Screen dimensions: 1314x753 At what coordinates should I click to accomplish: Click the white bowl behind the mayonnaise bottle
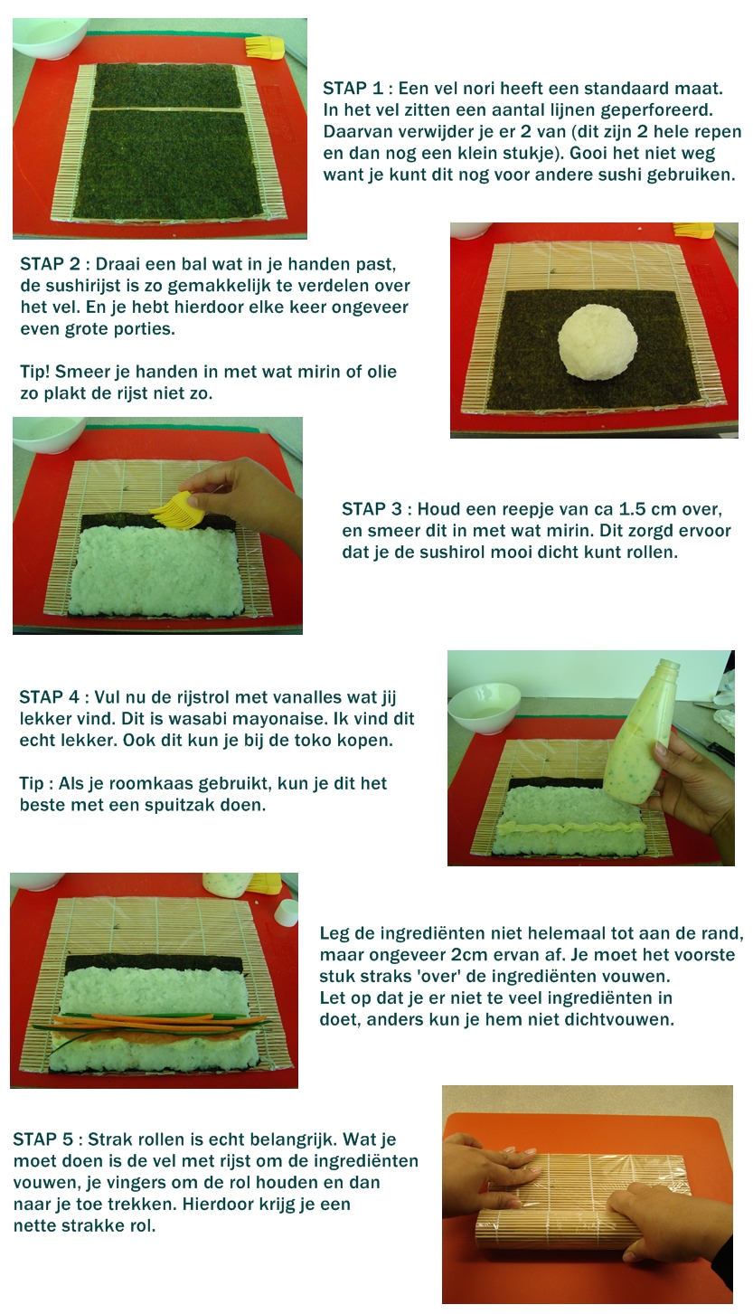click(x=484, y=706)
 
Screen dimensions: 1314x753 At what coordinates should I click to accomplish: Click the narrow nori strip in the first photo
click(x=166, y=86)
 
